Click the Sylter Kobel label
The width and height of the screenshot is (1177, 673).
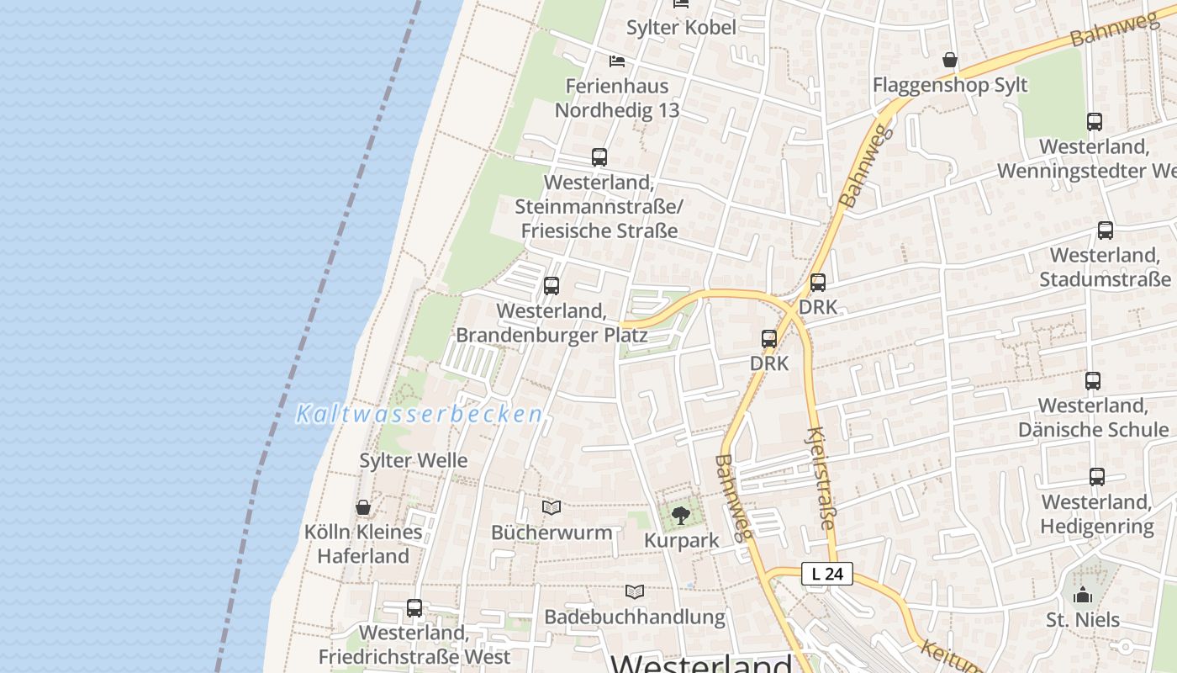click(681, 28)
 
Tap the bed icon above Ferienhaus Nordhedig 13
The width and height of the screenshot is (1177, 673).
click(617, 61)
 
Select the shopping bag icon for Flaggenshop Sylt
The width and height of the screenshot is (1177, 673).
click(950, 60)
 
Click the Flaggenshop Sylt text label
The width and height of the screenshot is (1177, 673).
click(950, 85)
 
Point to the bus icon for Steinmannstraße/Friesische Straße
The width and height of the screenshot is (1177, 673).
click(599, 157)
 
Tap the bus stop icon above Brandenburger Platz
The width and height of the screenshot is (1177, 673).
click(552, 286)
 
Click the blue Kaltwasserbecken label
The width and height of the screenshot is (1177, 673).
click(420, 414)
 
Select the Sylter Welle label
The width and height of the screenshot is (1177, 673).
click(414, 460)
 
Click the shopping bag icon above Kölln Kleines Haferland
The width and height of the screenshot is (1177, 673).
click(363, 507)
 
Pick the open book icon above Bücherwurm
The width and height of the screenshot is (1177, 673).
click(552, 508)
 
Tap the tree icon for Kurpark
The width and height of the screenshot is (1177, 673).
click(681, 515)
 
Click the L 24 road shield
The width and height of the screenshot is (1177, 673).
click(827, 574)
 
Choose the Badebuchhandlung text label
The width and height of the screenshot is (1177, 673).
click(635, 617)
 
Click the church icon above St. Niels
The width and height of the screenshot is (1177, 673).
click(1083, 595)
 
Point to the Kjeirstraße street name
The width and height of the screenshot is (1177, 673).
click(820, 480)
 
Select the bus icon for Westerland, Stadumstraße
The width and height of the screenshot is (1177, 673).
click(1106, 231)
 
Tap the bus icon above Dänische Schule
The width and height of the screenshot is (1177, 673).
click(1093, 381)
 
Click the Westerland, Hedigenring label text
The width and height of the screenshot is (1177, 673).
click(1097, 514)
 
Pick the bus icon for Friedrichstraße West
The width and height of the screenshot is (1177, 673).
click(414, 608)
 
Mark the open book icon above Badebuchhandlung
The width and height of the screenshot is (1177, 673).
click(635, 592)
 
